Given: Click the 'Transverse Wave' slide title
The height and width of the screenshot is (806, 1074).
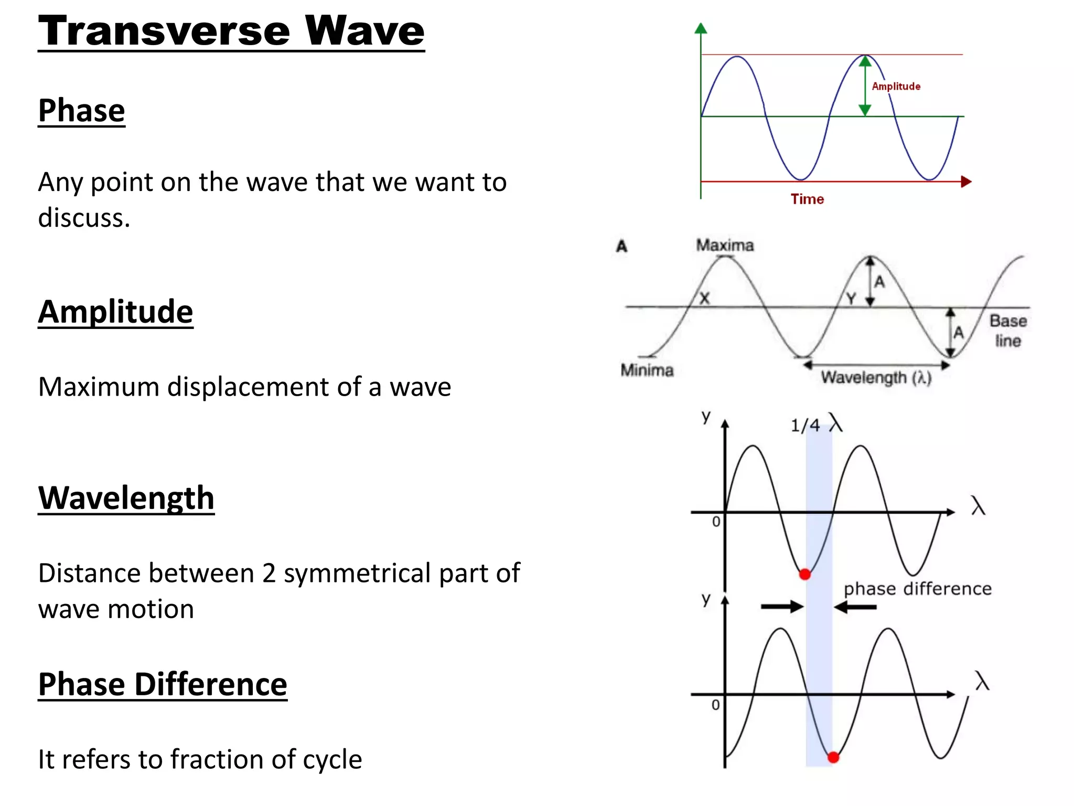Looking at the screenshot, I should click(x=231, y=31).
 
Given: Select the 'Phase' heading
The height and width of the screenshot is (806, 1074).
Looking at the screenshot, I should click(x=81, y=111).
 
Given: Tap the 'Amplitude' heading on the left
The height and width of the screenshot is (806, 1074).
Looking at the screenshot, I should click(x=115, y=312).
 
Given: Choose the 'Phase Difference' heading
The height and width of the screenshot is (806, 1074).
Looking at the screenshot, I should click(x=163, y=684).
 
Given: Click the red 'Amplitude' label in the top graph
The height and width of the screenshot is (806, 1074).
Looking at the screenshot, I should click(x=896, y=87).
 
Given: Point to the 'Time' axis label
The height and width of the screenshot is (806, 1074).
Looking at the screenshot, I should click(x=807, y=199).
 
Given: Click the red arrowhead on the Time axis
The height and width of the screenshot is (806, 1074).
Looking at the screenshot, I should click(x=966, y=182).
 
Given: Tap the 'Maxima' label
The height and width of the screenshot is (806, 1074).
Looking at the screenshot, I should click(x=725, y=245).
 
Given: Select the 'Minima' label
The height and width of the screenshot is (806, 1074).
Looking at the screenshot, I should click(x=647, y=370).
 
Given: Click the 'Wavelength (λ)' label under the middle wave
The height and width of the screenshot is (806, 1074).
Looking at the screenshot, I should click(x=876, y=377).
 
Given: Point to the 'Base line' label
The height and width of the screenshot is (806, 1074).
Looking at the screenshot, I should click(x=1008, y=331).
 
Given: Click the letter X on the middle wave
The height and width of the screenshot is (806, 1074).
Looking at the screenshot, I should click(x=704, y=298).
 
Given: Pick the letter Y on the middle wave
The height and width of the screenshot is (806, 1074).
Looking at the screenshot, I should click(x=851, y=298).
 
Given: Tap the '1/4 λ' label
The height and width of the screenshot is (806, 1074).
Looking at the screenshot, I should click(x=816, y=425).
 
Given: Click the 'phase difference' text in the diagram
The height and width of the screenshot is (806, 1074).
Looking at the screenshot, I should click(x=917, y=589).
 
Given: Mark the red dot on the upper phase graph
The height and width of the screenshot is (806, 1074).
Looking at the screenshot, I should click(x=805, y=574).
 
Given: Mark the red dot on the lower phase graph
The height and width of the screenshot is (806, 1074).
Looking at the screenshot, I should click(x=833, y=757).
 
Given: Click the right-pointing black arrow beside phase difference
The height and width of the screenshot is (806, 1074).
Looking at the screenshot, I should click(x=782, y=607).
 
